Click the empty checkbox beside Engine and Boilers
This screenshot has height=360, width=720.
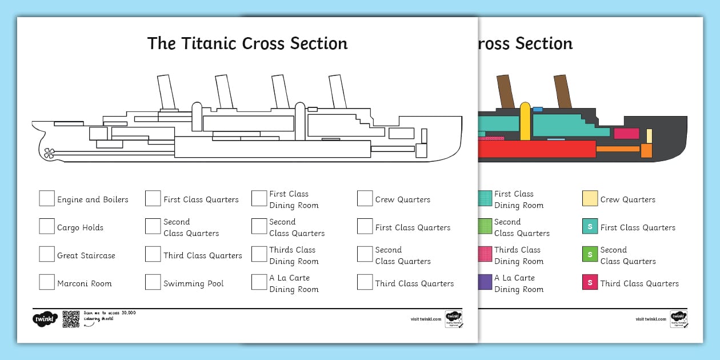coord(47,198)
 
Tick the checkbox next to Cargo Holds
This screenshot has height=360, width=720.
coord(47,226)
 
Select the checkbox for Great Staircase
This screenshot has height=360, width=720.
coord(47,254)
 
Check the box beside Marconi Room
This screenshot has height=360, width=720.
coord(47,282)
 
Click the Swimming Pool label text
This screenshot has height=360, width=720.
coord(193,283)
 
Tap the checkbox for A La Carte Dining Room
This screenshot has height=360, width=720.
coord(259,282)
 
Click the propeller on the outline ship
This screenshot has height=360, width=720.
coord(49,153)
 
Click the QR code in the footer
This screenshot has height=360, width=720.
coord(71,319)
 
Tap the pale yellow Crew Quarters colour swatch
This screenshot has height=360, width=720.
coord(590,198)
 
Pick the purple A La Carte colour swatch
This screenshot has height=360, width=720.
coord(485,282)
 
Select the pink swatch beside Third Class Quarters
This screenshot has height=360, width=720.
coord(590,282)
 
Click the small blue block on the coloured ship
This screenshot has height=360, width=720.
coord(537,109)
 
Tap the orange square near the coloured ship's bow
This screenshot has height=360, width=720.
coord(646,151)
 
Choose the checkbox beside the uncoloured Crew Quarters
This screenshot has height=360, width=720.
coord(365,198)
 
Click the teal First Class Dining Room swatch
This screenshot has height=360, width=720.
coord(485,198)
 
